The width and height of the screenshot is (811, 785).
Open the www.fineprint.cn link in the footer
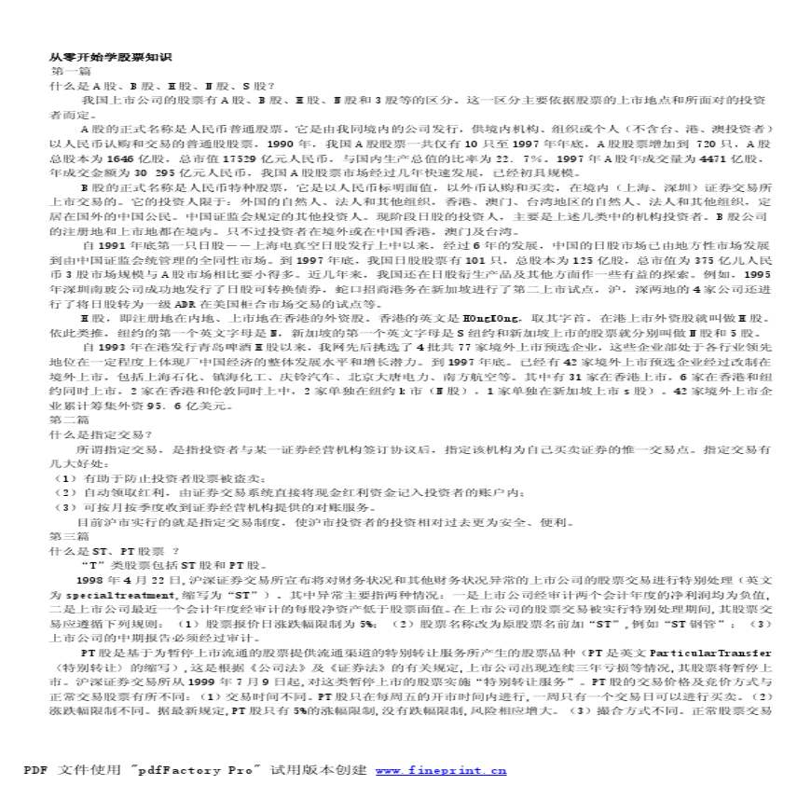pos(441,770)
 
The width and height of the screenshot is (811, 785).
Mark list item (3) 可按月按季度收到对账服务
pos(186,507)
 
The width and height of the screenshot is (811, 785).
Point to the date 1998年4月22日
pos(112,579)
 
